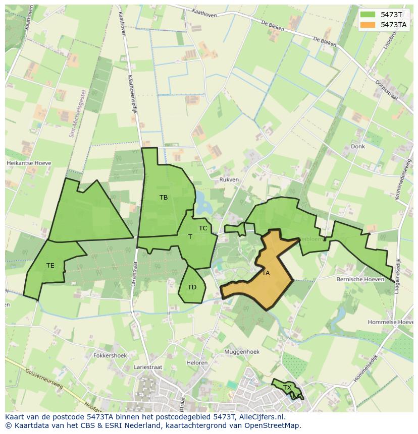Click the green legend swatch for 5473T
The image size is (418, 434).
click(x=368, y=14)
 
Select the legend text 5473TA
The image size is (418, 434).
click(x=393, y=24)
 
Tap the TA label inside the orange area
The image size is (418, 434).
click(x=266, y=273)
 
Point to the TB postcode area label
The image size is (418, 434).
click(x=164, y=198)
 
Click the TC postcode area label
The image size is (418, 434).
click(x=203, y=228)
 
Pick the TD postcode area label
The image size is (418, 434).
click(x=192, y=287)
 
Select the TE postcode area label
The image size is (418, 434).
click(x=50, y=265)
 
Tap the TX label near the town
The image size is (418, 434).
click(x=287, y=388)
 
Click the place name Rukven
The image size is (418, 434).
click(x=229, y=179)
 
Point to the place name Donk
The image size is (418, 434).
click(x=357, y=147)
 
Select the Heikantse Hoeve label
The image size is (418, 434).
click(x=29, y=163)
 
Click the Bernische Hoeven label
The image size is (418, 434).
click(x=358, y=279)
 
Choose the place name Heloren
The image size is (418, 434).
click(x=197, y=363)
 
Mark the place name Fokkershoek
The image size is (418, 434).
click(x=110, y=355)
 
